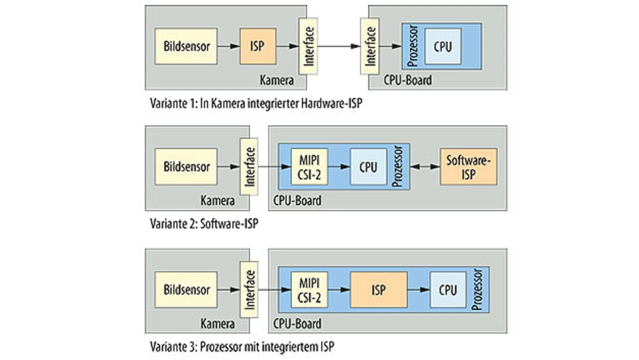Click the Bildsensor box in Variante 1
click(186, 46)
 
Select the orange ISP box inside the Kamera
click(258, 46)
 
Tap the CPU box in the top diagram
click(442, 46)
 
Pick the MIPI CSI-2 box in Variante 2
click(309, 167)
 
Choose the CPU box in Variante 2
click(368, 167)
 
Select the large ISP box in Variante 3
click(378, 290)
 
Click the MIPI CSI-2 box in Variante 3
click(309, 290)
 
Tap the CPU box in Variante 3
click(448, 290)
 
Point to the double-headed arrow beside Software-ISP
click(424, 167)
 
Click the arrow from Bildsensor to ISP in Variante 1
click(228, 46)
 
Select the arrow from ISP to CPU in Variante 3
click(418, 290)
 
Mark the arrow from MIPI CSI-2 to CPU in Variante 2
click(339, 167)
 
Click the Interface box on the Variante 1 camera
click(308, 46)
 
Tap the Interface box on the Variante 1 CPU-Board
click(369, 46)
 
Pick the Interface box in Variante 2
click(249, 167)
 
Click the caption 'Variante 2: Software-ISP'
click(204, 223)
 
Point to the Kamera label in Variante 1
click(277, 80)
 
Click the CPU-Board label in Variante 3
click(298, 324)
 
